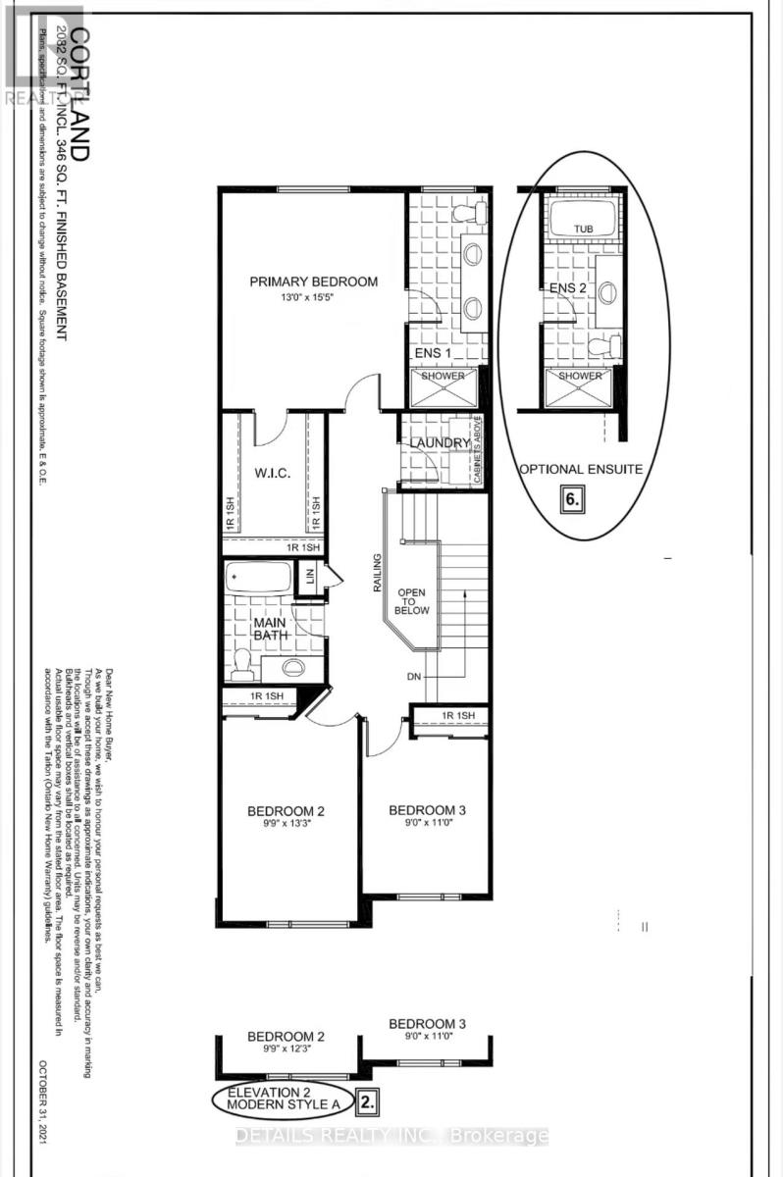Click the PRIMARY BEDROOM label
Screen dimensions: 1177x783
click(313, 281)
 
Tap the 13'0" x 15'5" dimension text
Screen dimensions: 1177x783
click(313, 298)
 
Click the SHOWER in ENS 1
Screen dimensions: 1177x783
click(443, 377)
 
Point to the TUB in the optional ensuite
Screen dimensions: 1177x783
click(584, 229)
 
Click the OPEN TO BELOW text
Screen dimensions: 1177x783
click(412, 601)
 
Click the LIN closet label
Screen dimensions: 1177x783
click(310, 579)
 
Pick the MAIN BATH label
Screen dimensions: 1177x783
click(269, 630)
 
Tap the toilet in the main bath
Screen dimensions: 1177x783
click(240, 666)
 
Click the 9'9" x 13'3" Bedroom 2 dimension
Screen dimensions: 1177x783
click(285, 827)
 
